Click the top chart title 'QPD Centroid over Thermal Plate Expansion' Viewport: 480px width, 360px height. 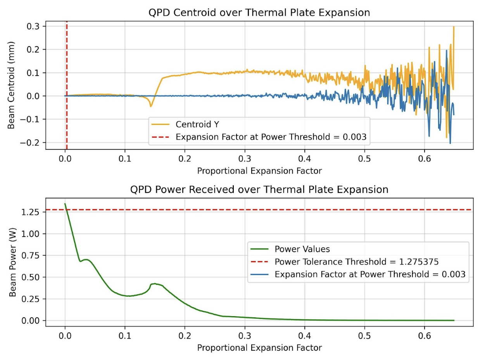click(259, 12)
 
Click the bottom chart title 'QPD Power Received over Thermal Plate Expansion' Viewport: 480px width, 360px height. click(259, 189)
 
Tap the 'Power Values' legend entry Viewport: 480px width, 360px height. click(297, 249)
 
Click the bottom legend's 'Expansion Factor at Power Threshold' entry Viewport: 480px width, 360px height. click(369, 274)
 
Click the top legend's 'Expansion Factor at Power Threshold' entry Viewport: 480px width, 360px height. click(270, 137)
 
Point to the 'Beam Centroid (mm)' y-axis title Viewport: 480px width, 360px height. click(12, 85)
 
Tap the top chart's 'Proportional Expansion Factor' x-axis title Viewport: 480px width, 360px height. click(259, 171)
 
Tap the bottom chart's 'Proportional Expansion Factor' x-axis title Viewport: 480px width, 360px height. click(259, 348)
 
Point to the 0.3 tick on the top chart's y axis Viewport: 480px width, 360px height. click(34, 26)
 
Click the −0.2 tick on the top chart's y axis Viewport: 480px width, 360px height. click(32, 143)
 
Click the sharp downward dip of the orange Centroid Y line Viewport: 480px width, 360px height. click(151, 106)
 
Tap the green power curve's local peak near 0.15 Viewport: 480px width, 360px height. click(154, 284)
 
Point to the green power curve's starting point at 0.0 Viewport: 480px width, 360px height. click(65, 204)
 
